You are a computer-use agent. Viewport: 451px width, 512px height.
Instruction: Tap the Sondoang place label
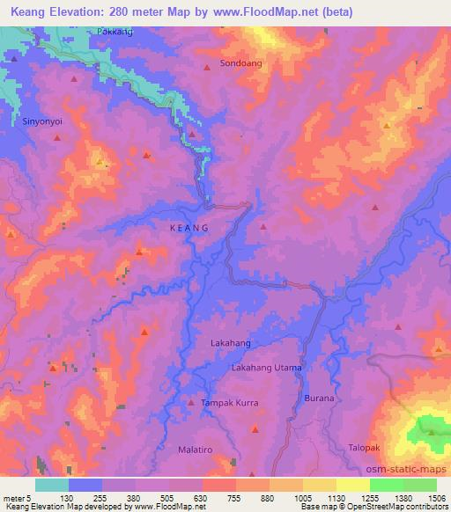[240, 64]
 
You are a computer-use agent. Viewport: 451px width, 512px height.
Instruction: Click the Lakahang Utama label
[266, 367]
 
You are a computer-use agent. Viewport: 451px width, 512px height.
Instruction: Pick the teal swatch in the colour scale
[52, 485]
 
